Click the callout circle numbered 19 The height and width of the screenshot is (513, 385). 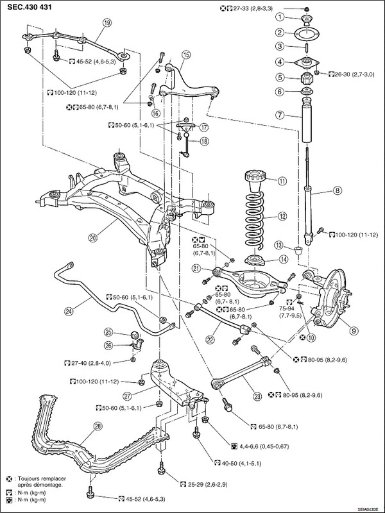(107, 23)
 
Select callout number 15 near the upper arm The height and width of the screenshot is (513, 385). (186, 55)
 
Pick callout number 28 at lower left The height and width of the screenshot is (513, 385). (98, 426)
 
